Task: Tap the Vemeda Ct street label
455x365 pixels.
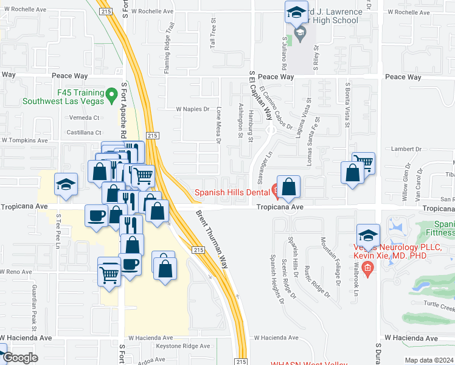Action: pos(84,117)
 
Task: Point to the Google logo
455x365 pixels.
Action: pos(19,358)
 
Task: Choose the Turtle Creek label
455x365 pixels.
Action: pos(435,302)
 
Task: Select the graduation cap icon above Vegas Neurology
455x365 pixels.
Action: pos(368,235)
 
